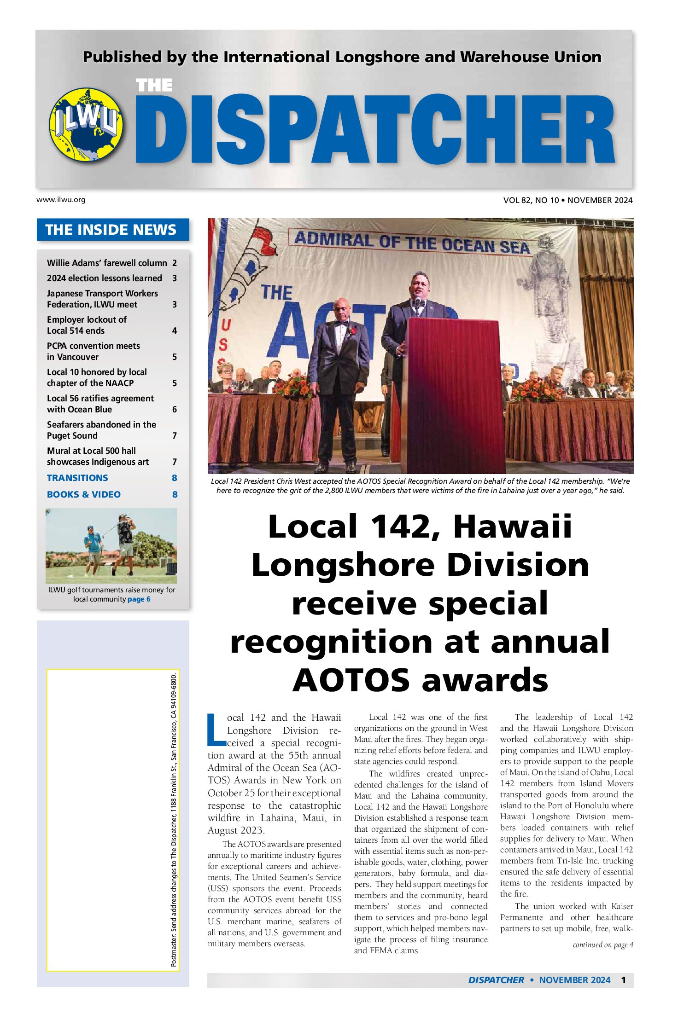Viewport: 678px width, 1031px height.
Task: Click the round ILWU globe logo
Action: click(86, 124)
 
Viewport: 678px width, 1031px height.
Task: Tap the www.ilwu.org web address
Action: click(61, 200)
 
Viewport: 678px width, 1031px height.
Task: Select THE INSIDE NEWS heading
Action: click(111, 230)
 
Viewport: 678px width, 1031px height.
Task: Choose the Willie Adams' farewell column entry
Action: click(107, 263)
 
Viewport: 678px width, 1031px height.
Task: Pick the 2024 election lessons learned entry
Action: click(105, 278)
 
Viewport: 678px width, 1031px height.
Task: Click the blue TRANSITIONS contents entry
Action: click(77, 478)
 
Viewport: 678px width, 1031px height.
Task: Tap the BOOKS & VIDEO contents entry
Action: click(84, 494)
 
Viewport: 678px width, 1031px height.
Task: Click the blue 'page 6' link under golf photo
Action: click(139, 599)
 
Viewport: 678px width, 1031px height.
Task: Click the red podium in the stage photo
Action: click(454, 391)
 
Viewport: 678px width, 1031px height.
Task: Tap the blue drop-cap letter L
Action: click(216, 730)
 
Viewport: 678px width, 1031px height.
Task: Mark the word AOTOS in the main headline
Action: click(351, 680)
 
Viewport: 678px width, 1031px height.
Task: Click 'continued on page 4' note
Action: click(602, 945)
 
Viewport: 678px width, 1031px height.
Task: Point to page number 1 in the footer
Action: click(623, 980)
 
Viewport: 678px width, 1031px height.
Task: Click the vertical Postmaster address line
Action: click(174, 819)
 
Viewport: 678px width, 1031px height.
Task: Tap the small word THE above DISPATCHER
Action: click(154, 86)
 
